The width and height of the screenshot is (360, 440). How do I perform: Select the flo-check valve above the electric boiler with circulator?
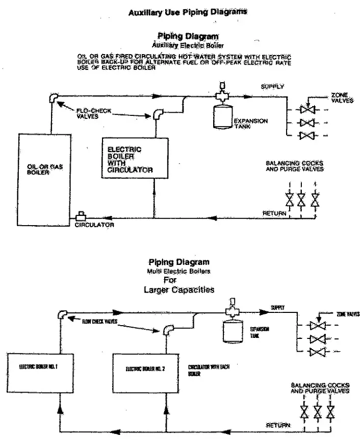point(159,113)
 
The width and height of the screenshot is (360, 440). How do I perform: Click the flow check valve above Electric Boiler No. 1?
point(62,314)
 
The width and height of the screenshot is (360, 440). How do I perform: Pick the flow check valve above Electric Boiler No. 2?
point(167,330)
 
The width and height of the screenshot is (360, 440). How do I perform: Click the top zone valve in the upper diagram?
point(307,110)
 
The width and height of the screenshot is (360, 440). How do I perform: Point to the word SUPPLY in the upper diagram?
point(272,87)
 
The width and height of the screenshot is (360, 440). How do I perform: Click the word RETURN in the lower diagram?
point(278,425)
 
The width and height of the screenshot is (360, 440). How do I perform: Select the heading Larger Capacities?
point(179,289)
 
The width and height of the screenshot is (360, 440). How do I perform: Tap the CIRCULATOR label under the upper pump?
point(94,225)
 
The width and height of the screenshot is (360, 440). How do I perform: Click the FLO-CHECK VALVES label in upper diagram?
point(93,113)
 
